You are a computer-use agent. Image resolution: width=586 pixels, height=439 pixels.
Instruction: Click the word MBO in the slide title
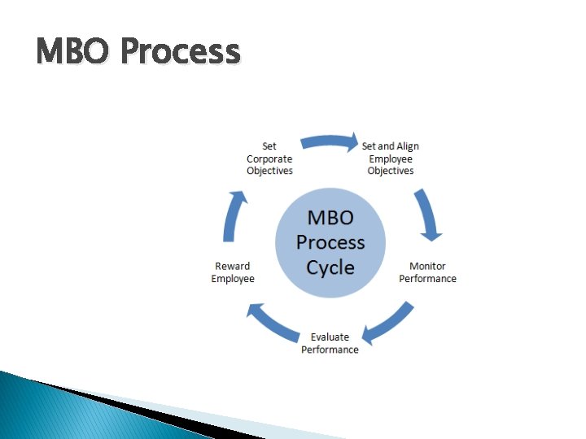coord(72,51)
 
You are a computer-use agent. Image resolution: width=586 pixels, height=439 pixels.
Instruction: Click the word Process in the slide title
coord(180,51)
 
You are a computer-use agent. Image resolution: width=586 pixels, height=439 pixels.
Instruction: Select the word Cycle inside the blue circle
coord(330,267)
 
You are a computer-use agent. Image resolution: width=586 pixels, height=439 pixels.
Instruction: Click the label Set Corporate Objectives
coord(269,159)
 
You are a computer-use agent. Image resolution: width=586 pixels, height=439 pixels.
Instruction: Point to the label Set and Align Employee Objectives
coord(391,159)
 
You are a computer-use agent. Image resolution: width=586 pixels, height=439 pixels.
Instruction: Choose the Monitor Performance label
coord(427,272)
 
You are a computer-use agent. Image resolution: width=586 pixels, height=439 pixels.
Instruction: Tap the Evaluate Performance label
coord(330,343)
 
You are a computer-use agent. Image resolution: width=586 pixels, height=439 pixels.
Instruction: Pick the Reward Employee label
coord(233,272)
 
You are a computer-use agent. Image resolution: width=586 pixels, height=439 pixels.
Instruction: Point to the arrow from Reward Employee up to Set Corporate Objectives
coord(234,216)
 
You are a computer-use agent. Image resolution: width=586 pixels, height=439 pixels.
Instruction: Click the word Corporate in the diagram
coord(269,159)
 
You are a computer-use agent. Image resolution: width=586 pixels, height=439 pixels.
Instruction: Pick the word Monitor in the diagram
coord(427,266)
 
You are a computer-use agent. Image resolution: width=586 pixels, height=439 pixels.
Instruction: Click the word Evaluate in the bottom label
coord(330,337)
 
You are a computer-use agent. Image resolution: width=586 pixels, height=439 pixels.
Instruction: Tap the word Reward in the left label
coord(233,266)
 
